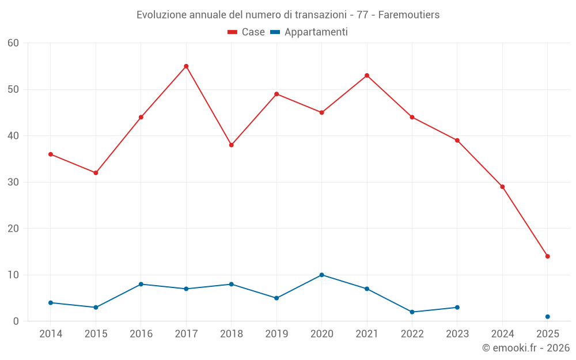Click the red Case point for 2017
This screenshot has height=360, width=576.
tap(186, 66)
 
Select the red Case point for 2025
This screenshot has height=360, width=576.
tap(548, 256)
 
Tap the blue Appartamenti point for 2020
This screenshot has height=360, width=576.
tap(322, 275)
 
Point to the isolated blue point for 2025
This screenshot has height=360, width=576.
tap(548, 317)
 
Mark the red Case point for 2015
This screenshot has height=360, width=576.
tap(96, 173)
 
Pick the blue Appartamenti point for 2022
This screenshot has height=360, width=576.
tap(412, 312)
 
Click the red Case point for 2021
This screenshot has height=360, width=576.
tap(367, 75)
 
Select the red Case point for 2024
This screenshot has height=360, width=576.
tap(502, 187)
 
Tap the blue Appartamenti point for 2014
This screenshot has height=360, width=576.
tap(51, 302)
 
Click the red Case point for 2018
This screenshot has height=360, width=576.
tap(232, 145)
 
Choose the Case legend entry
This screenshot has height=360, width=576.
tap(247, 32)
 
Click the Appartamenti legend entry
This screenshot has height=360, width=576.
tap(309, 32)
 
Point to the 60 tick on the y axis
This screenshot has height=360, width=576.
tap(13, 43)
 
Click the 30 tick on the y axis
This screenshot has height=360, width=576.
tap(13, 182)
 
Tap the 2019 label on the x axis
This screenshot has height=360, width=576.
tap(276, 334)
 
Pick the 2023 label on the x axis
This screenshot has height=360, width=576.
tap(457, 334)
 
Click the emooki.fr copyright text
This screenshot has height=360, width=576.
tap(526, 348)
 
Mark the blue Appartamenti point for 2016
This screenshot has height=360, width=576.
tap(141, 284)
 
